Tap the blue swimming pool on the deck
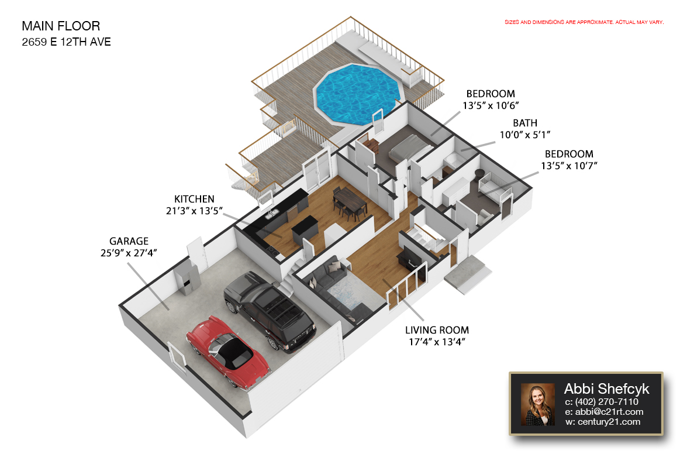(x=358, y=94)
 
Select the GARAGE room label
(x=129, y=241)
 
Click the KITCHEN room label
(x=194, y=199)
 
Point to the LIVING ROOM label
(x=437, y=330)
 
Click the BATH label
(x=525, y=123)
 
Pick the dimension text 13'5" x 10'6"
(x=491, y=105)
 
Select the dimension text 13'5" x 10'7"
(x=569, y=166)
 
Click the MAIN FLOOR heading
(x=61, y=26)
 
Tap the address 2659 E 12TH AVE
(x=66, y=42)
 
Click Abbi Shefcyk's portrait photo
(x=538, y=404)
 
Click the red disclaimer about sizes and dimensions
(x=584, y=22)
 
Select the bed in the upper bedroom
(x=410, y=148)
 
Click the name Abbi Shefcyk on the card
(x=606, y=388)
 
